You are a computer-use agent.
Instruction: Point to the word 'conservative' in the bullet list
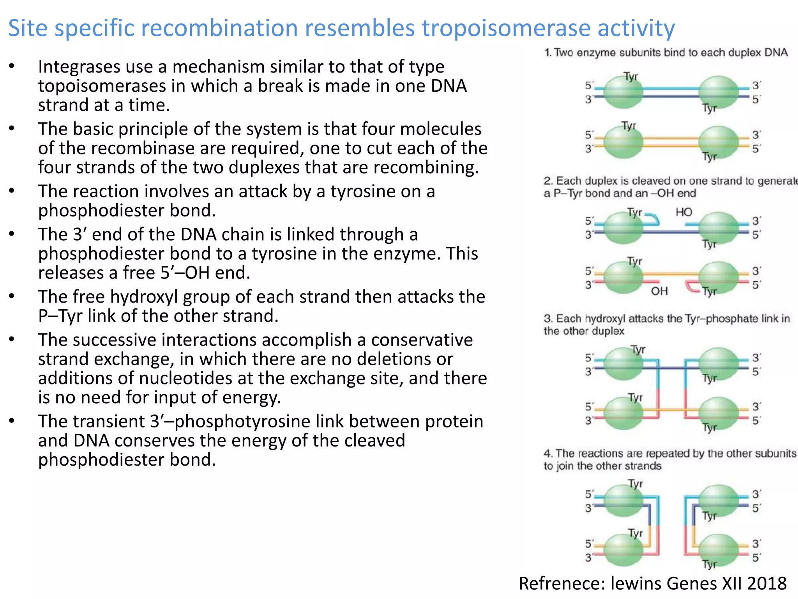point(422,340)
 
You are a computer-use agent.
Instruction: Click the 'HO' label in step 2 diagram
point(684,212)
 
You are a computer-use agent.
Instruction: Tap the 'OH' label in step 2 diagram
point(659,291)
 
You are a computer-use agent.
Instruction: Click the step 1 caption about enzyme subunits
point(666,53)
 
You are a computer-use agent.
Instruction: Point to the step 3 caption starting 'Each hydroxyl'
point(666,324)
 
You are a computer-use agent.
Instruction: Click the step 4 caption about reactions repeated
point(669,459)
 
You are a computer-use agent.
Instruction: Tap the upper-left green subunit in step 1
point(623,92)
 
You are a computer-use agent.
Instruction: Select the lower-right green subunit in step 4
point(718,550)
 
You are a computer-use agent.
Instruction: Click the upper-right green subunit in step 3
point(718,364)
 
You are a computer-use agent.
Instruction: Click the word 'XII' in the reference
point(732,584)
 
